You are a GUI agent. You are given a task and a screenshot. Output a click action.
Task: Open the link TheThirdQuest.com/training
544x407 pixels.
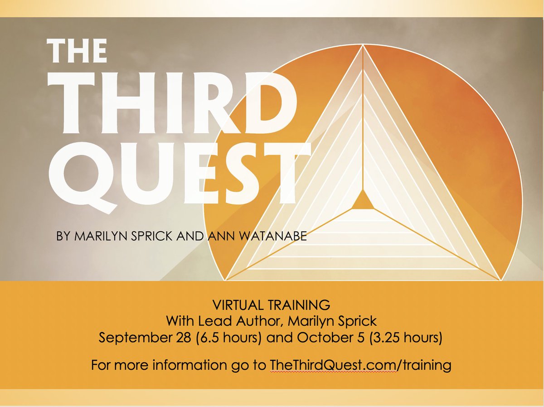tap(360, 365)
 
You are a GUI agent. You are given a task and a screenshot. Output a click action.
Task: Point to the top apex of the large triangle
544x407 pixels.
tap(363, 46)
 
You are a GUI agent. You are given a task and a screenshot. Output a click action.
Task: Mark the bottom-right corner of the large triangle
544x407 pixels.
tap(500, 279)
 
